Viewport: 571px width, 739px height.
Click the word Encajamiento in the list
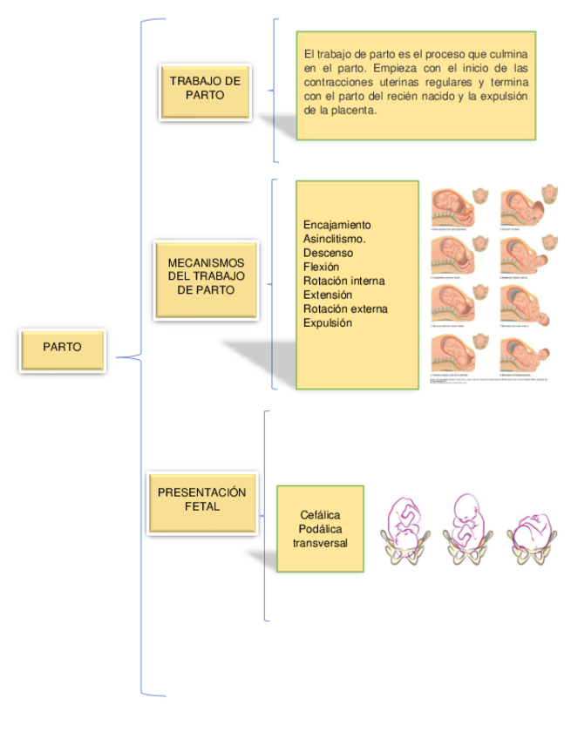(337, 225)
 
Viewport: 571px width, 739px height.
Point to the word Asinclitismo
(334, 239)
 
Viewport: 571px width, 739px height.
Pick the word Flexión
(322, 267)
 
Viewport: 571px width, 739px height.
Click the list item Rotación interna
(343, 281)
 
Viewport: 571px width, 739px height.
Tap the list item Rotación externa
(345, 308)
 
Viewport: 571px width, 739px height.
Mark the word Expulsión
(328, 322)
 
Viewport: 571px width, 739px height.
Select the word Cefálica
(320, 515)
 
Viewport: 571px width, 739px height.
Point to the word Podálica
(320, 529)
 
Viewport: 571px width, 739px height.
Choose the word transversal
(320, 543)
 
